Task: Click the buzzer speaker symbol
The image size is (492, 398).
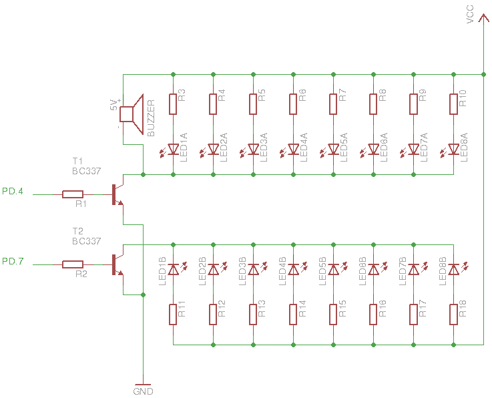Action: pyautogui.click(x=131, y=114)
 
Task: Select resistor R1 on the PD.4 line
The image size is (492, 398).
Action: pyautogui.click(x=73, y=194)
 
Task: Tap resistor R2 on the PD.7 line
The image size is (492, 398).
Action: pyautogui.click(x=73, y=264)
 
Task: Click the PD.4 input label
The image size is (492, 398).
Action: pyautogui.click(x=13, y=191)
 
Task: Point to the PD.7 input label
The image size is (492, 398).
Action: pyautogui.click(x=13, y=261)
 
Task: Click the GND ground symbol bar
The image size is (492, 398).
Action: pyautogui.click(x=143, y=385)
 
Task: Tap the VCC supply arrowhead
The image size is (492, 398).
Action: pyautogui.click(x=483, y=18)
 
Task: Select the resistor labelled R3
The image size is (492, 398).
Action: pyautogui.click(x=173, y=104)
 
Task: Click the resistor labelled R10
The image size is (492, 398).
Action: pyautogui.click(x=453, y=104)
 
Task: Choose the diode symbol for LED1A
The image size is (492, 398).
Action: pyautogui.click(x=173, y=150)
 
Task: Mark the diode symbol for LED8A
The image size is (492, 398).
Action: pyautogui.click(x=453, y=150)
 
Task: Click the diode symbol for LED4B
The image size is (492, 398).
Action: pyautogui.click(x=293, y=269)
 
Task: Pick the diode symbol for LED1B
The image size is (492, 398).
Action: pyautogui.click(x=173, y=269)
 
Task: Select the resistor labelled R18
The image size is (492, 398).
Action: pyautogui.click(x=453, y=315)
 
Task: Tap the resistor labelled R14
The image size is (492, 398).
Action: pyautogui.click(x=293, y=315)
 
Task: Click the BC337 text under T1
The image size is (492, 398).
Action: pyautogui.click(x=87, y=171)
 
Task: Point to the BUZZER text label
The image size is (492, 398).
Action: pyautogui.click(x=151, y=118)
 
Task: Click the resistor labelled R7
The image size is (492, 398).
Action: pyautogui.click(x=333, y=104)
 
